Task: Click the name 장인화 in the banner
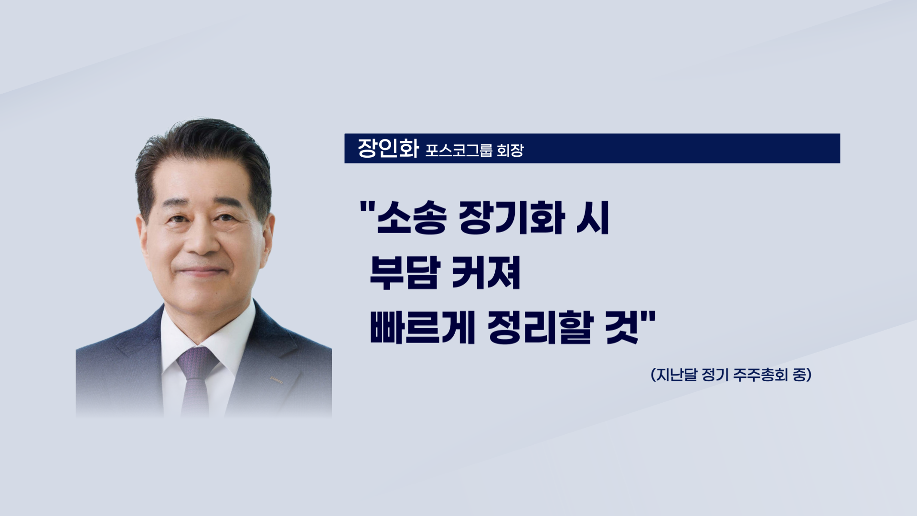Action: pyautogui.click(x=388, y=149)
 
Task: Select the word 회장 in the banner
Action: pyautogui.click(x=510, y=150)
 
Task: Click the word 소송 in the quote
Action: pyautogui.click(x=412, y=218)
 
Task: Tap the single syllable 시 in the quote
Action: pyautogui.click(x=593, y=218)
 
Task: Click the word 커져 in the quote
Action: pyautogui.click(x=486, y=273)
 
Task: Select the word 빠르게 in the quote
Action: pyautogui.click(x=422, y=328)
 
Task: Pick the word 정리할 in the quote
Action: pyautogui.click(x=540, y=328)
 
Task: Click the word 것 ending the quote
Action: pyautogui.click(x=622, y=328)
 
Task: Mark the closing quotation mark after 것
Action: pyautogui.click(x=650, y=317)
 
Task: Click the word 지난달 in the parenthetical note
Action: pyautogui.click(x=677, y=375)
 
